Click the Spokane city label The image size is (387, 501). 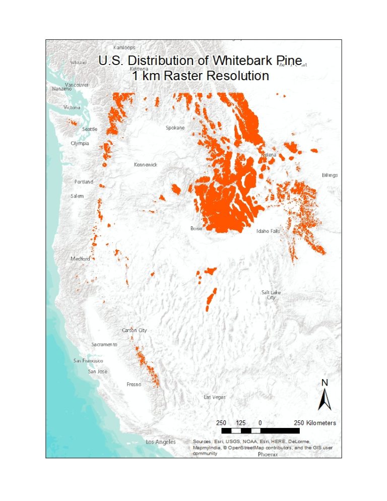point(175,128)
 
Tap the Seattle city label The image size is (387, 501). point(89,129)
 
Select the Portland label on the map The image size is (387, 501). point(84,181)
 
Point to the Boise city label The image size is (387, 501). point(196,228)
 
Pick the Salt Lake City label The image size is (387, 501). point(271,295)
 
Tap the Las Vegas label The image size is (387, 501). point(215,397)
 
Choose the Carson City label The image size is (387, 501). point(135,330)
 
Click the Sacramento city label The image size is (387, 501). point(104,344)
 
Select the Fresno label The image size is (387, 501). point(134,385)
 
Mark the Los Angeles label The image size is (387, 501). point(161,442)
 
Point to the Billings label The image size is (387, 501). point(330,175)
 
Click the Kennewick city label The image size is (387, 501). point(145,165)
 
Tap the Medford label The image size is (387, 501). point(80,259)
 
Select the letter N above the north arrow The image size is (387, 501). point(325,383)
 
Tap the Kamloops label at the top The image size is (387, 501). point(123,47)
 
